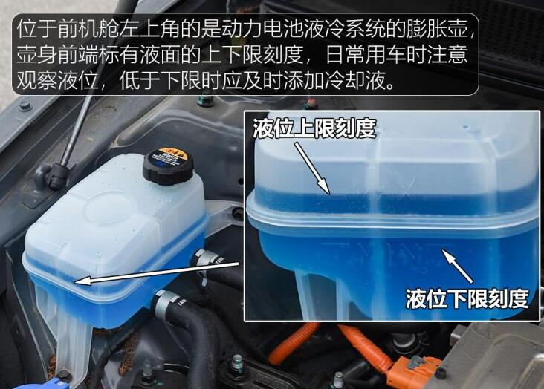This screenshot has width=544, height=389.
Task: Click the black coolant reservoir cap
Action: point(167,167)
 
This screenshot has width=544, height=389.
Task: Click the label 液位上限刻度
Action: point(314,128)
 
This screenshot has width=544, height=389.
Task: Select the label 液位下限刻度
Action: point(467,298)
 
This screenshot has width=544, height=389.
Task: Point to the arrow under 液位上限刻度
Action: point(312,169)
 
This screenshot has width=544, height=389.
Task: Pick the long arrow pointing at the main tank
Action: point(157,273)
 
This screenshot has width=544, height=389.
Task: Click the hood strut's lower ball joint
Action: point(56,176)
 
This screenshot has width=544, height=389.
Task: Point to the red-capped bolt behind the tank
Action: point(310,104)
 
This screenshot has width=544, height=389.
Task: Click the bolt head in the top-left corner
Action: point(25,105)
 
